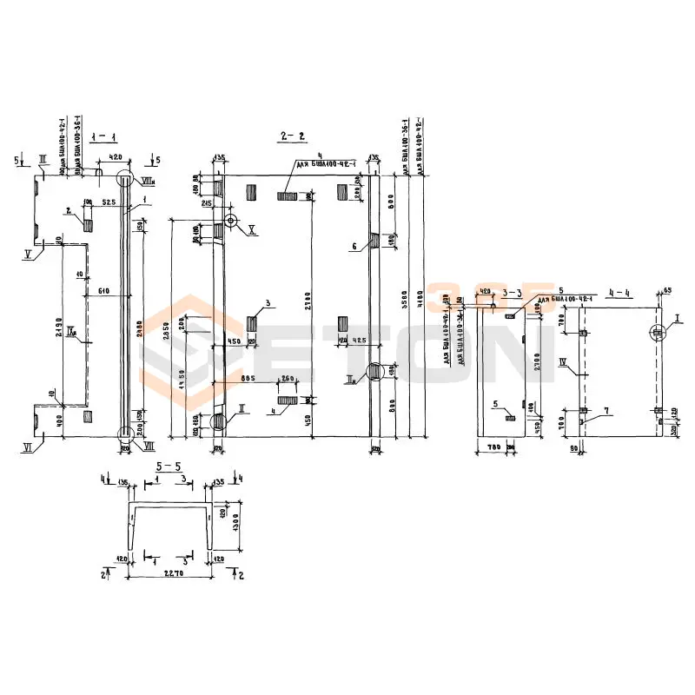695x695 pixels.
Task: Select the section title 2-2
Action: [x=292, y=136]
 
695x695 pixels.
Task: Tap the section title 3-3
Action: [x=512, y=293]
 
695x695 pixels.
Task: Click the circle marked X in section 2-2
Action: [x=230, y=221]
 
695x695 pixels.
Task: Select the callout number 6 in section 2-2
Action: [x=354, y=246]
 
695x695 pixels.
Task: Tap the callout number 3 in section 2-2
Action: [x=269, y=302]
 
